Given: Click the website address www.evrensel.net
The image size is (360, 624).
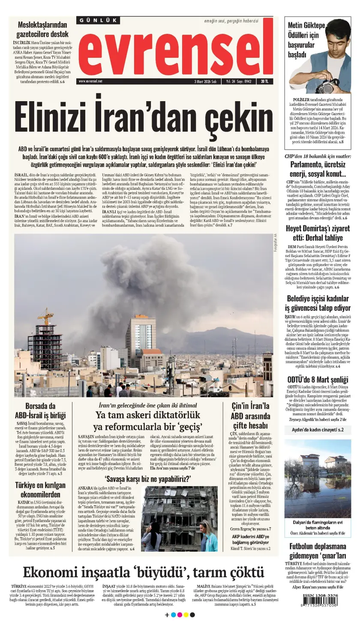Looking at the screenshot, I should click(x=90, y=81).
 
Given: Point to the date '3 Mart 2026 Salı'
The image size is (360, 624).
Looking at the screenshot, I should click(x=205, y=81).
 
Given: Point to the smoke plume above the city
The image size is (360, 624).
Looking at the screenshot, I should click(x=141, y=274).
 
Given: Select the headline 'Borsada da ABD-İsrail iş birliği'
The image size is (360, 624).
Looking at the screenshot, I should click(x=40, y=410).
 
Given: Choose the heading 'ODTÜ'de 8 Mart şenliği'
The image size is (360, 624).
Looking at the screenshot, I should click(x=318, y=379).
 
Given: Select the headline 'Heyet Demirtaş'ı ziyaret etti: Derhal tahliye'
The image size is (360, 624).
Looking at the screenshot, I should click(x=318, y=232).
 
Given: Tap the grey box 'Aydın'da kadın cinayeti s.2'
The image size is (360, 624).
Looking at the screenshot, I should click(x=318, y=429).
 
